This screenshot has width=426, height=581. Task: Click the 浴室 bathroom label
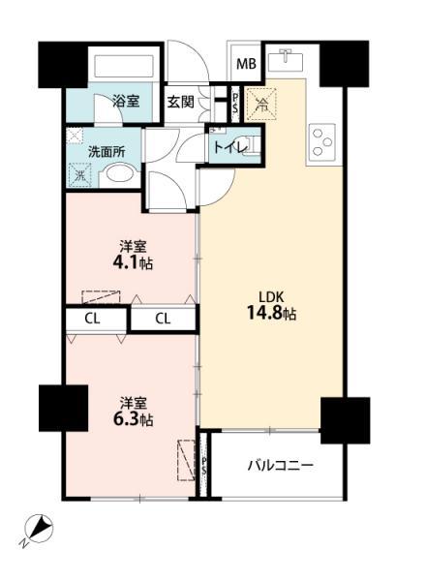125,100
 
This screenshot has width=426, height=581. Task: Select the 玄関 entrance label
180,101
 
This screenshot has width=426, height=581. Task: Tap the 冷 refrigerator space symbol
259,102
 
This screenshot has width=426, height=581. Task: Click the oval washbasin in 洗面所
119,175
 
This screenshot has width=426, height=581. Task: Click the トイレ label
228,149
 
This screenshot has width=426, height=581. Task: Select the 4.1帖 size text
133,262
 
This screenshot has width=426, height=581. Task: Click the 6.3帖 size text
133,419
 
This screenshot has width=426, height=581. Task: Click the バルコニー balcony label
281,466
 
